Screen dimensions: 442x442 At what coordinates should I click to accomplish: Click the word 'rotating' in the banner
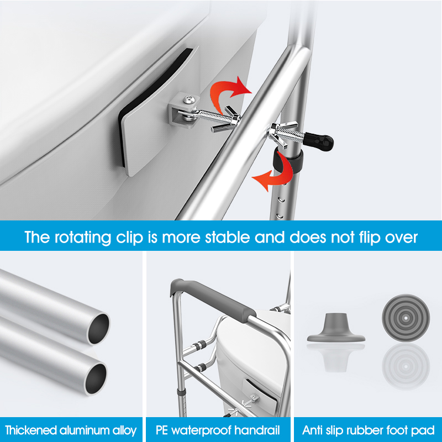coord(83,238)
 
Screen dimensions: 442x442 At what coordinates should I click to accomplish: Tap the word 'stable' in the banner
coord(227,237)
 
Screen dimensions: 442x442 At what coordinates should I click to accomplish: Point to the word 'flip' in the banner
coord(366,238)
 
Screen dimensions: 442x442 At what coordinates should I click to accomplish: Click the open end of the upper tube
coord(99,328)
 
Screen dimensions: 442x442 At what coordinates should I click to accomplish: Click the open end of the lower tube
coord(96,378)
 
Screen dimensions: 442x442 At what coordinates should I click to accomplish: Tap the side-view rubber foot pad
coord(336,328)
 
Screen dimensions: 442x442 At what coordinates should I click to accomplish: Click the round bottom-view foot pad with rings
coord(406,318)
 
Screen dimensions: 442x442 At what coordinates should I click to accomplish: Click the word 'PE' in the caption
coord(162,430)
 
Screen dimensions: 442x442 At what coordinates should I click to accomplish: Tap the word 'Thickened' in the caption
coord(31,430)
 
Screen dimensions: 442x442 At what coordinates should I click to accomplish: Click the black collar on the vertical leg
coord(288,161)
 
